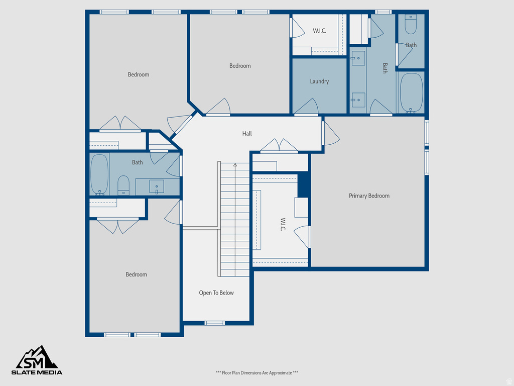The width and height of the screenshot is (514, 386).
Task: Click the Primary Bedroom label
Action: tap(369, 196)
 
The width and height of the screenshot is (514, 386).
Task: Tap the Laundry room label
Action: tap(319, 81)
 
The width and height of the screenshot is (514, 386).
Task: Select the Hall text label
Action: tap(247, 134)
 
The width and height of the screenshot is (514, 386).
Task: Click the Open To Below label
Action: tap(216, 293)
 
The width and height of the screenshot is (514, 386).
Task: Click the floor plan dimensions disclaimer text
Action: tap(257, 373)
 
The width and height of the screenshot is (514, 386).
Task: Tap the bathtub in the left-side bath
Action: tap(99, 174)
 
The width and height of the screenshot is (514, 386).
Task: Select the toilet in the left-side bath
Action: tap(123, 185)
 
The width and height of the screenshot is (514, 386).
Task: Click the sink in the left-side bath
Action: tap(157, 187)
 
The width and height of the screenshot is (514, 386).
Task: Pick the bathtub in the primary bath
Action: tap(411, 92)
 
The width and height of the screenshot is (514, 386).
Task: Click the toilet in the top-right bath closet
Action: tap(411, 24)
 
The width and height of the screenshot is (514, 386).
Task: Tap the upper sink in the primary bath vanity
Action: tap(358, 58)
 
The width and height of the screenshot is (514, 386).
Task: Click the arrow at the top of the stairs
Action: tap(235, 164)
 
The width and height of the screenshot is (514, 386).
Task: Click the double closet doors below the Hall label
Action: tap(279, 145)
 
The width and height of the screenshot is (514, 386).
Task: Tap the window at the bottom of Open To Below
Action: tap(215, 323)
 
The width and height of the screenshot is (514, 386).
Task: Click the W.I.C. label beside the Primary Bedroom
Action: tap(283, 224)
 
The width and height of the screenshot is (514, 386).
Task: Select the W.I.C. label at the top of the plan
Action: tap(319, 31)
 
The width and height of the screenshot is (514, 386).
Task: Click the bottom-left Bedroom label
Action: tap(137, 274)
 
